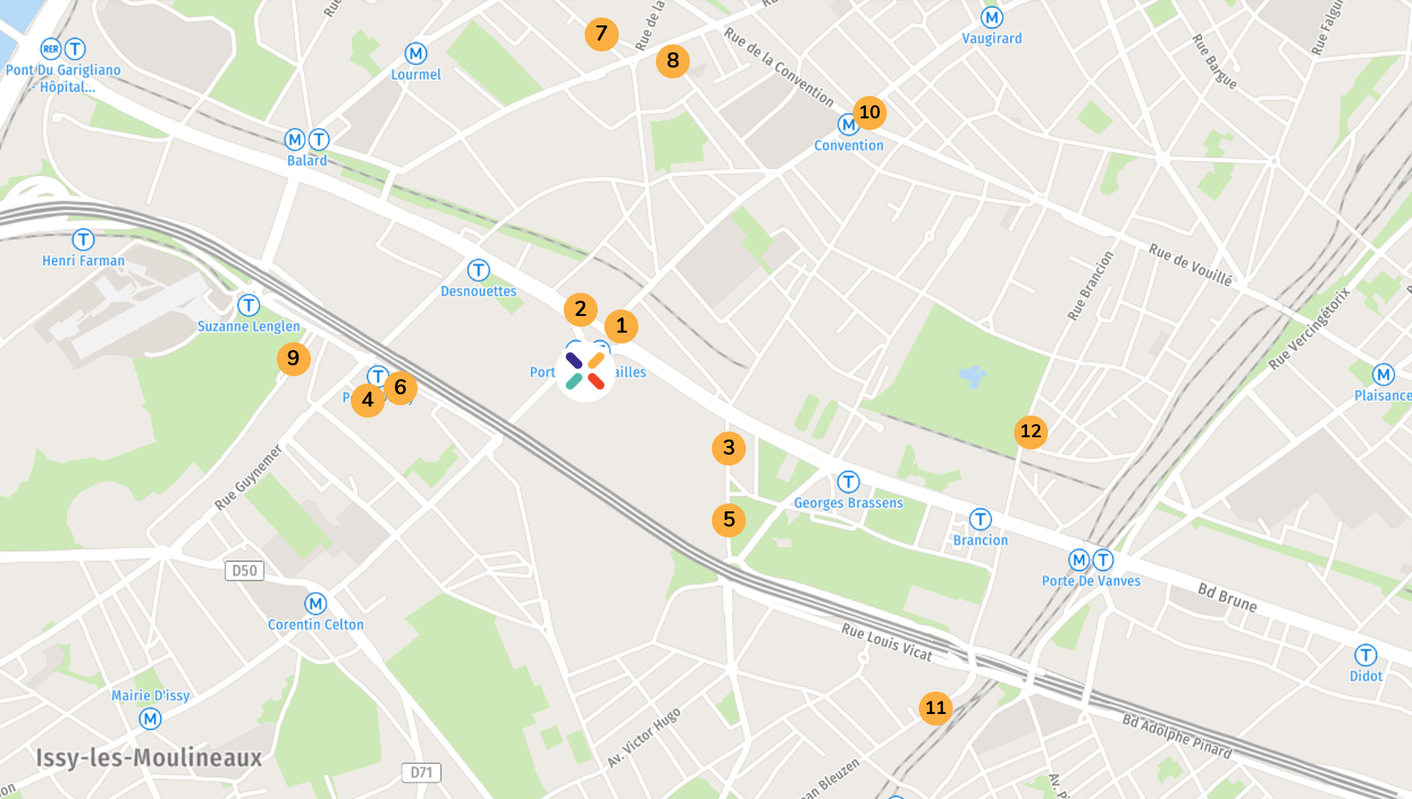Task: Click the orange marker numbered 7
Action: pyautogui.click(x=601, y=34)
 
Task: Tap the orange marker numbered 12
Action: pyautogui.click(x=1031, y=432)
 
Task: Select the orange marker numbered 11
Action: pyautogui.click(x=936, y=708)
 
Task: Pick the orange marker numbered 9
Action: pyautogui.click(x=293, y=359)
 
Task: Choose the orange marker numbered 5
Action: pyautogui.click(x=729, y=520)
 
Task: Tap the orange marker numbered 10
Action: pyautogui.click(x=869, y=113)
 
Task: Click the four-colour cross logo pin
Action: pyautogui.click(x=585, y=371)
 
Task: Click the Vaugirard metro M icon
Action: pyautogui.click(x=991, y=17)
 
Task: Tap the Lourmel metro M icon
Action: pyautogui.click(x=415, y=54)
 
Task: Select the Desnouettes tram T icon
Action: pyautogui.click(x=478, y=270)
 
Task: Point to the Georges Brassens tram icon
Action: pyautogui.click(x=848, y=482)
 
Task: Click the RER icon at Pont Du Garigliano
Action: pyautogui.click(x=51, y=49)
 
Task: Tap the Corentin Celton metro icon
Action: pyautogui.click(x=315, y=604)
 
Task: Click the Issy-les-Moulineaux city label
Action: pyautogui.click(x=149, y=758)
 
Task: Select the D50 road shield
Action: pyautogui.click(x=244, y=571)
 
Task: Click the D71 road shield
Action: pyautogui.click(x=421, y=772)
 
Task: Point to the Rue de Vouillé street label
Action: pyautogui.click(x=1190, y=265)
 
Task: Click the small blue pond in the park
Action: pyautogui.click(x=972, y=376)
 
